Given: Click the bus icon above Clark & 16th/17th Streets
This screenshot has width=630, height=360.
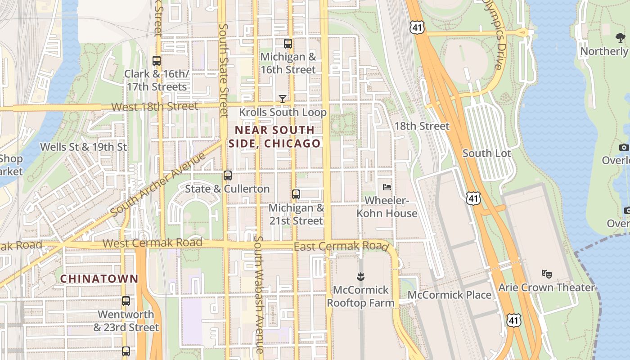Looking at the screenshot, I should pyautogui.click(x=157, y=60).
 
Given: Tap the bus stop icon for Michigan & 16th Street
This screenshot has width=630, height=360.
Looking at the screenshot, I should pyautogui.click(x=288, y=44).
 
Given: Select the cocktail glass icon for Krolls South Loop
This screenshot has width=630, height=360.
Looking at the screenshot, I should pyautogui.click(x=283, y=99).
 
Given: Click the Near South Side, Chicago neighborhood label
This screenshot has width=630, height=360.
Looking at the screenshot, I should pyautogui.click(x=274, y=137).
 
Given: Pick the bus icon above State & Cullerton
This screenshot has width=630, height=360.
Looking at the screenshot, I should pyautogui.click(x=228, y=175).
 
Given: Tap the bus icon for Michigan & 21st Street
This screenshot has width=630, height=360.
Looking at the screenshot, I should pyautogui.click(x=296, y=194).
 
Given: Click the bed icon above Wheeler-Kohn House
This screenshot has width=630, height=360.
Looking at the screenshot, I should pyautogui.click(x=387, y=187).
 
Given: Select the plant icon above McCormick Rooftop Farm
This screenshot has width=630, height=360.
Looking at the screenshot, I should pyautogui.click(x=360, y=276).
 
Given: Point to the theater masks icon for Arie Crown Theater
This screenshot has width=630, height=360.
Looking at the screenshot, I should pyautogui.click(x=547, y=274).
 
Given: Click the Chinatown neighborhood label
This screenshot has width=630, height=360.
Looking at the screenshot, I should pyautogui.click(x=99, y=279).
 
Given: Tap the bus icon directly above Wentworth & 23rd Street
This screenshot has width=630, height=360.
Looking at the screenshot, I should pyautogui.click(x=126, y=301).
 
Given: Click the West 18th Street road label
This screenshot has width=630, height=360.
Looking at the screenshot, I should pyautogui.click(x=154, y=107).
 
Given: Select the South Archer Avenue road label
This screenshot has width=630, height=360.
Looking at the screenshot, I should pyautogui.click(x=157, y=184).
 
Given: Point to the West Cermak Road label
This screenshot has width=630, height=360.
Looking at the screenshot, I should pyautogui.click(x=152, y=243).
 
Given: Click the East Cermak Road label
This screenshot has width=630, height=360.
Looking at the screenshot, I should pyautogui.click(x=341, y=247).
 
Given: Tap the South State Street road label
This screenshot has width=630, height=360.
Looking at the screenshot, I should pyautogui.click(x=224, y=70).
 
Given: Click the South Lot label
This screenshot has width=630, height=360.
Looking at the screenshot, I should pyautogui.click(x=487, y=153).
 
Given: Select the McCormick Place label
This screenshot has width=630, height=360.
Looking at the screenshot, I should pyautogui.click(x=450, y=295).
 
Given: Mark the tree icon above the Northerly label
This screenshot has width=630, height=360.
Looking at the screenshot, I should pyautogui.click(x=621, y=38).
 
